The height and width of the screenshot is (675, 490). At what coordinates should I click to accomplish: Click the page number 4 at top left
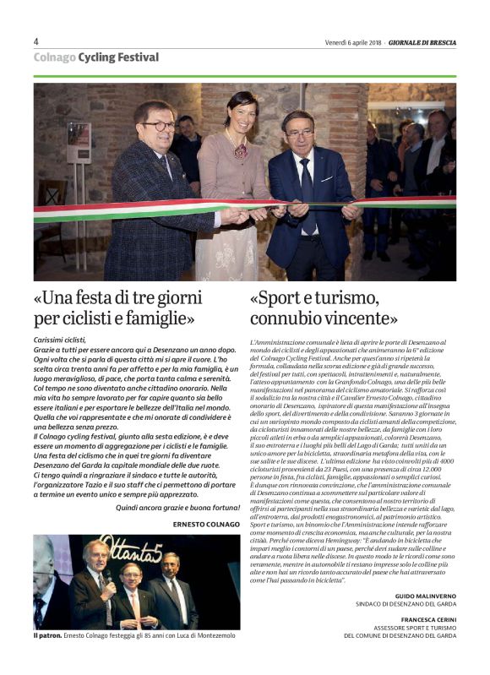(x=36, y=41)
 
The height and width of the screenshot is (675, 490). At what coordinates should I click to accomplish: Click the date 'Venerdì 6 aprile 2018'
(x=353, y=42)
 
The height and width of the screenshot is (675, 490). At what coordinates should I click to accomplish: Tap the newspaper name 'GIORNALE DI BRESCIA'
(x=422, y=42)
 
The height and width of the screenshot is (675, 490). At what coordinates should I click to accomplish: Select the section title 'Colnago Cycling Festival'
(x=95, y=57)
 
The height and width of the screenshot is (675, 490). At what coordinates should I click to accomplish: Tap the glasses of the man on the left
(x=157, y=126)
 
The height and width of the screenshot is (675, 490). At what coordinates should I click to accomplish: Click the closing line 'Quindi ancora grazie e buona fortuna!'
(x=177, y=508)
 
